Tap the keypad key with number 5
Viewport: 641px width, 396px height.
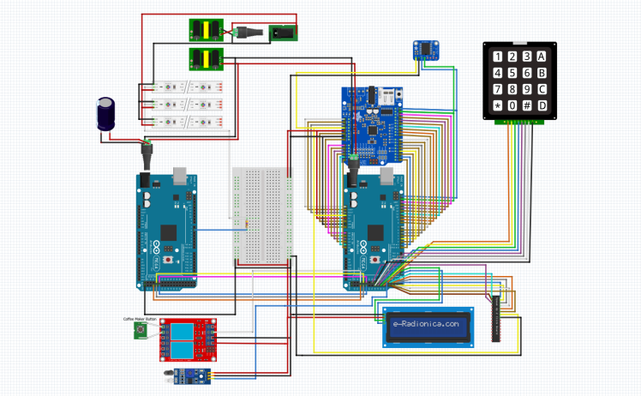(x=512, y=73)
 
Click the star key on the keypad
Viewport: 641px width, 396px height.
(x=497, y=105)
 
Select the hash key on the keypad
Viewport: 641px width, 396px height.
(x=527, y=105)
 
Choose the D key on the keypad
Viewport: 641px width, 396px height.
(x=542, y=105)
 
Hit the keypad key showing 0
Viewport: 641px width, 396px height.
(x=512, y=105)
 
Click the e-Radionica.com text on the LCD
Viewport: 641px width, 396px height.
(x=426, y=325)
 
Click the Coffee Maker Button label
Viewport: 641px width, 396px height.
(x=140, y=319)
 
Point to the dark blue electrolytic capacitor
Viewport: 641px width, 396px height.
(x=105, y=114)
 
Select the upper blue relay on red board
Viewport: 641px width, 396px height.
(x=181, y=331)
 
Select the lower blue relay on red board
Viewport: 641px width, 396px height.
(x=181, y=349)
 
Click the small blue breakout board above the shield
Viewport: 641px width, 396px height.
(x=423, y=49)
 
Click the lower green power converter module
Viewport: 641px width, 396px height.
(x=205, y=58)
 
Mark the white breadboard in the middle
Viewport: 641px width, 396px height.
(x=261, y=214)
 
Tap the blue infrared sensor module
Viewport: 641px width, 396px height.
(x=183, y=375)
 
